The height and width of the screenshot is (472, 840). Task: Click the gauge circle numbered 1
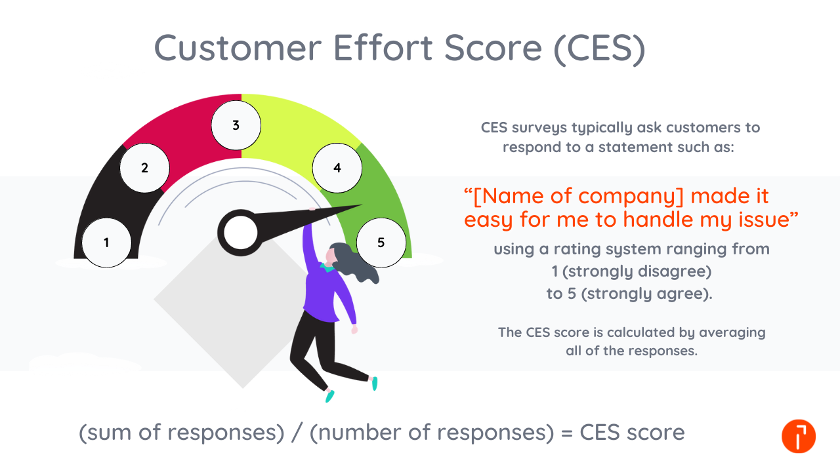pyautogui.click(x=106, y=243)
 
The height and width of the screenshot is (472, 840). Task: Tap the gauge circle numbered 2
pyautogui.click(x=145, y=168)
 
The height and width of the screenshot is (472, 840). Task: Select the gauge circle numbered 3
pyautogui.click(x=236, y=126)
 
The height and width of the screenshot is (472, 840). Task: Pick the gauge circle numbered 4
pyautogui.click(x=337, y=168)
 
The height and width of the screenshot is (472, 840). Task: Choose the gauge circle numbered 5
pyautogui.click(x=381, y=243)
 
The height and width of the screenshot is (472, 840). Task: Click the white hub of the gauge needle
pyautogui.click(x=241, y=232)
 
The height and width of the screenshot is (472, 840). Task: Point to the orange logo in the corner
pyautogui.click(x=799, y=436)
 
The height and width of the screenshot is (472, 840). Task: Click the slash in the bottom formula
pyautogui.click(x=298, y=433)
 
